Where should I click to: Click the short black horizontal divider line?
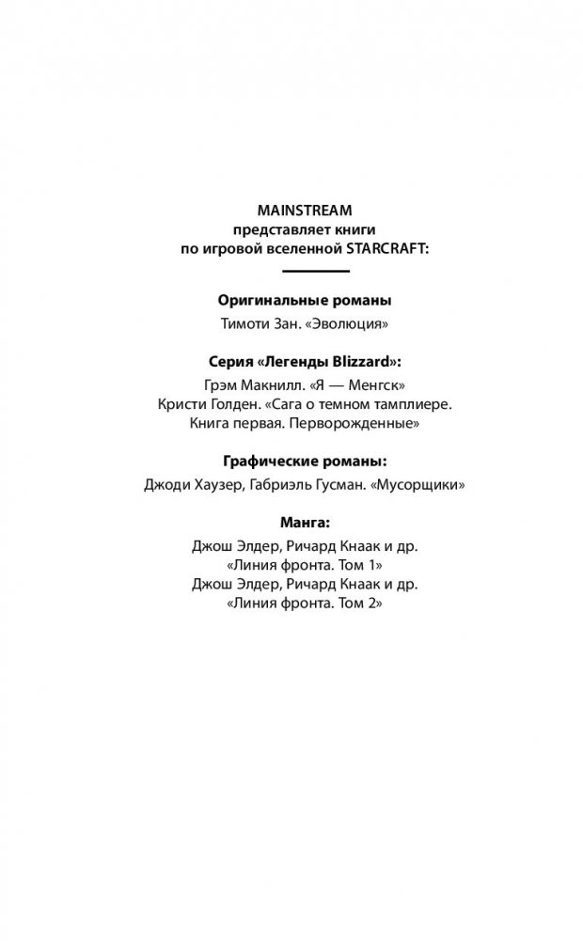pyautogui.click(x=316, y=272)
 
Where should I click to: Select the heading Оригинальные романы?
pyautogui.click(x=305, y=302)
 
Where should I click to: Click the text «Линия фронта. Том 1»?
pyautogui.click(x=304, y=565)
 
